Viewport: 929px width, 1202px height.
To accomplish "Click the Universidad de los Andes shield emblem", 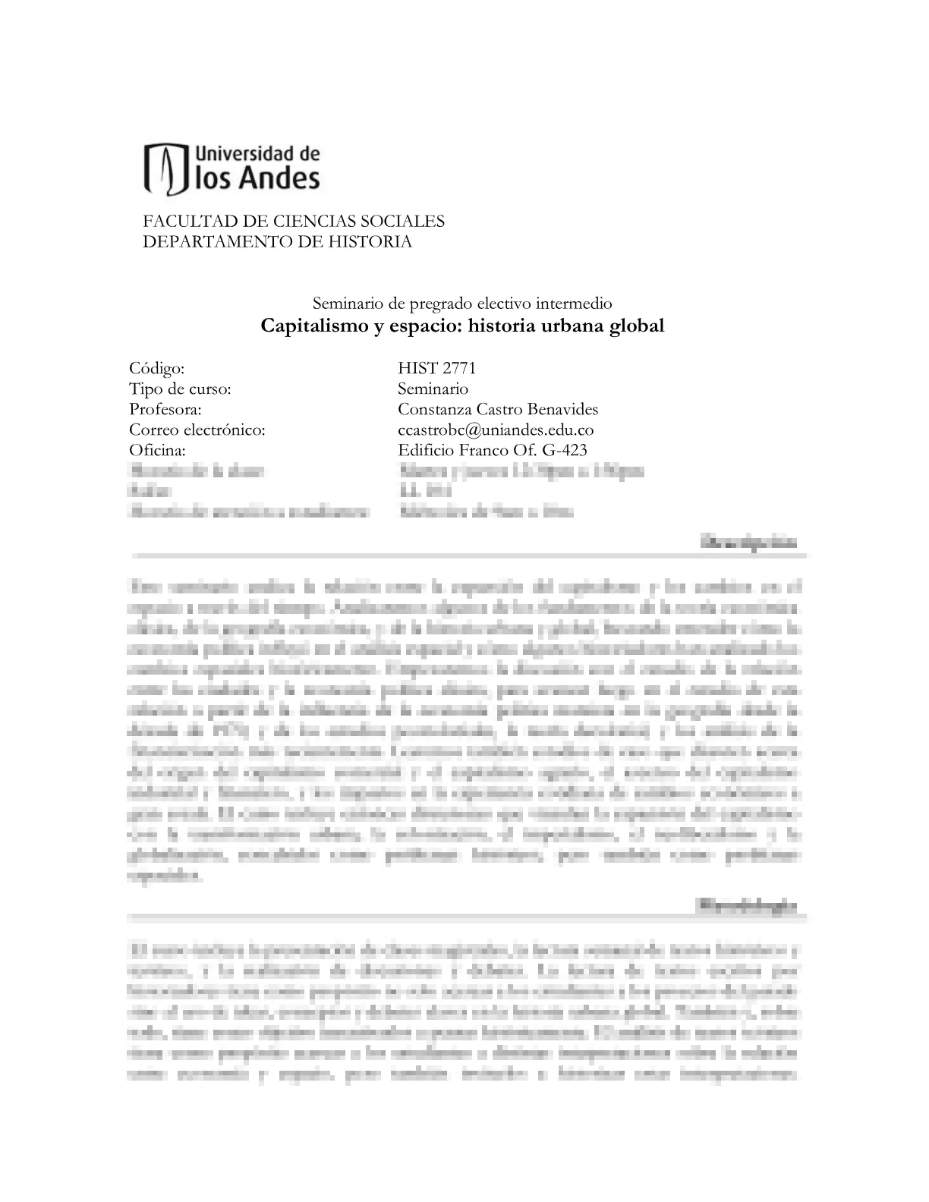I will point(165,168).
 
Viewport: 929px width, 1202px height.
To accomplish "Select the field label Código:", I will point(157,369).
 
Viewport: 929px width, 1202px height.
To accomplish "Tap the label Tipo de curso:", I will point(180,389).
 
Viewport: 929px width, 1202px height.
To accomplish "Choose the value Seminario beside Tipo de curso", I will point(433,389).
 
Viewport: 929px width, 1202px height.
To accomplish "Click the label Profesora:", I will point(165,410).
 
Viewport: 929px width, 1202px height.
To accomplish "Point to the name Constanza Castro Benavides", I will point(498,410).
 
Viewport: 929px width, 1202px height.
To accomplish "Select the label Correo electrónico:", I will point(197,430).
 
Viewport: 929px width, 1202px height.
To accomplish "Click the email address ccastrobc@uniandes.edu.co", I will point(496,430).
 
